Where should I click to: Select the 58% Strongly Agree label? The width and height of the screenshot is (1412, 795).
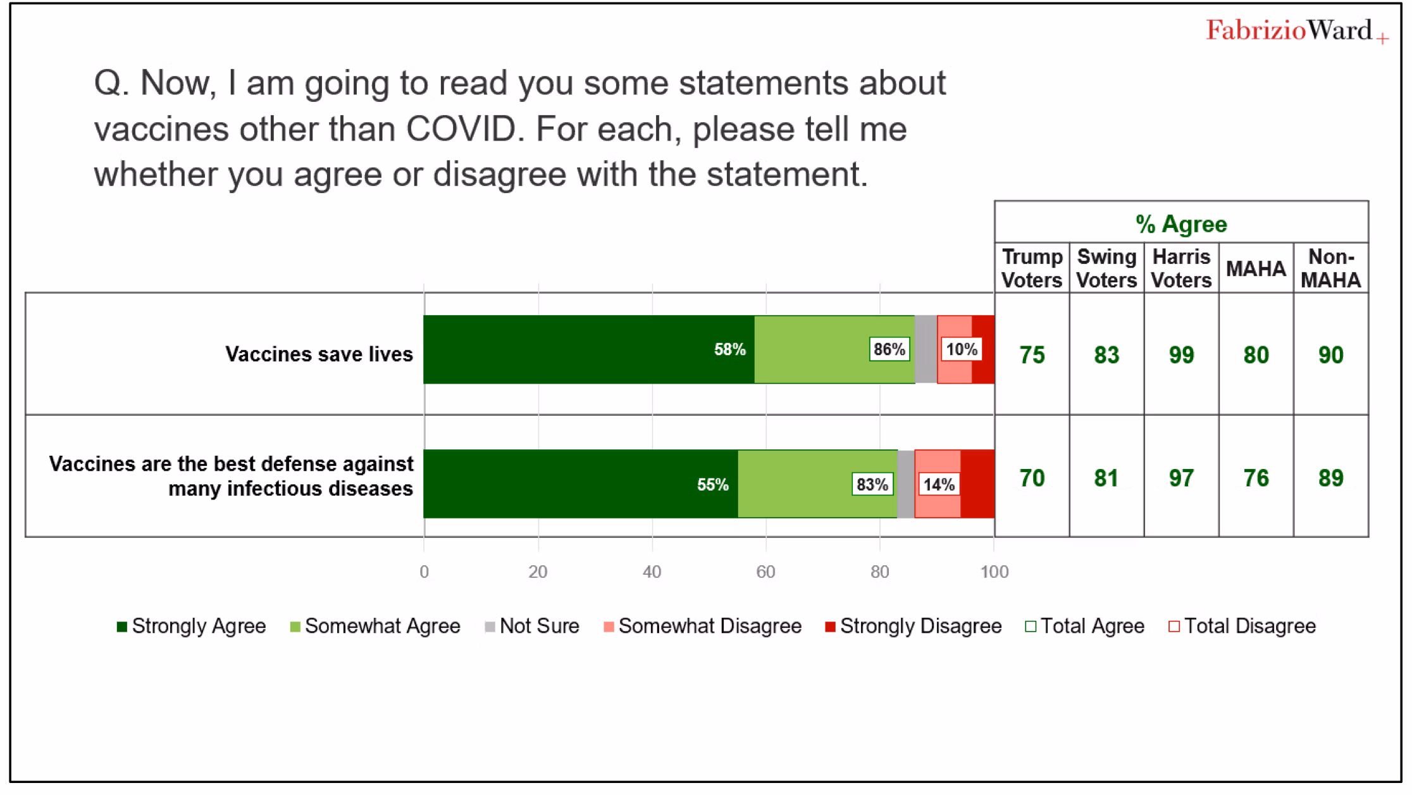(x=729, y=349)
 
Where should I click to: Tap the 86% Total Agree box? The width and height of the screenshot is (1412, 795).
(x=889, y=349)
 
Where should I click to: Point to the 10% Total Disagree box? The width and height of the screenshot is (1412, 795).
(x=962, y=349)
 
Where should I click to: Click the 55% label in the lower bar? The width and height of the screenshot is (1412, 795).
(x=712, y=485)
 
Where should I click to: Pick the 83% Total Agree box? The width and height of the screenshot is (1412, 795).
(x=872, y=485)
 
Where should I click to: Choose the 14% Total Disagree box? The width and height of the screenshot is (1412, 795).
(x=939, y=485)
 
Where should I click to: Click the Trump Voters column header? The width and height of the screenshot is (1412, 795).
(x=1032, y=268)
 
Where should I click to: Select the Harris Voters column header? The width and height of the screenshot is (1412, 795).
(x=1181, y=268)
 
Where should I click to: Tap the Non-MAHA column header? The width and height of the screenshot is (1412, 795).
(x=1330, y=268)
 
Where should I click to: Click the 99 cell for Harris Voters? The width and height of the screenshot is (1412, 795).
(x=1181, y=355)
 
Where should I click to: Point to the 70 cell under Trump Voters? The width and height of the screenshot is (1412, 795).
(x=1032, y=478)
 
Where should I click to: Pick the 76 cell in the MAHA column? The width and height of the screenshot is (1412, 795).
(x=1256, y=478)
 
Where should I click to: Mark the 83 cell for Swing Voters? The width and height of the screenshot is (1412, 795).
(x=1106, y=355)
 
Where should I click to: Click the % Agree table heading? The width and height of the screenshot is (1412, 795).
(x=1181, y=224)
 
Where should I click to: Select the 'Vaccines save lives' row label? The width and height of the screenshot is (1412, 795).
(x=319, y=354)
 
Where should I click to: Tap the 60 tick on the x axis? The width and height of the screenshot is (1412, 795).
(x=765, y=572)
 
